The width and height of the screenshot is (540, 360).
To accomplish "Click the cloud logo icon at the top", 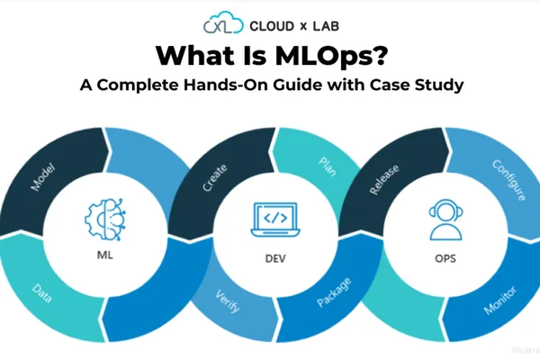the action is click(x=223, y=22).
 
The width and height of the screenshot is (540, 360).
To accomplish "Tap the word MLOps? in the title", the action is click(x=331, y=56).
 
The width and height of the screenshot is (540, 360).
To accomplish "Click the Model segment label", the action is click(x=42, y=176).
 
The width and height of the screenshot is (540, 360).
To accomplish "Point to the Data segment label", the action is click(x=42, y=293).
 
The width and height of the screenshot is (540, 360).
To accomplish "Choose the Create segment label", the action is click(x=214, y=177).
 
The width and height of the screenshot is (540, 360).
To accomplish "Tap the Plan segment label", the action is click(x=328, y=166).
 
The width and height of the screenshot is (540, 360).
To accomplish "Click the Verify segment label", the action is click(x=228, y=301).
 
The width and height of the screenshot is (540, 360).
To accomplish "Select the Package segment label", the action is click(x=334, y=292).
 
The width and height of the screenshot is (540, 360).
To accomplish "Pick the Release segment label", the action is click(x=384, y=179).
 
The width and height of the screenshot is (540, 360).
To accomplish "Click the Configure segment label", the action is click(x=509, y=180).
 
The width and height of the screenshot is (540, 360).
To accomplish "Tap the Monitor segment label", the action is click(x=500, y=300).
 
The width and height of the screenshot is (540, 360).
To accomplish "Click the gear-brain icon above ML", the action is click(x=105, y=219).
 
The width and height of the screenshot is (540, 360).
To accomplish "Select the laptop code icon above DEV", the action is click(x=275, y=220).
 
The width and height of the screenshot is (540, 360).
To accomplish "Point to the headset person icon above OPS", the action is click(x=445, y=220).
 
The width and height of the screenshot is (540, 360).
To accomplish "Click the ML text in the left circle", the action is click(x=105, y=255).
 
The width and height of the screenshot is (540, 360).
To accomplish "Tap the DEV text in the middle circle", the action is click(x=275, y=258).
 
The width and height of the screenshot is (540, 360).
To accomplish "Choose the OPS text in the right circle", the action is click(x=445, y=258).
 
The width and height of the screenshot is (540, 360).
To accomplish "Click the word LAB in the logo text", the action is click(x=326, y=26).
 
